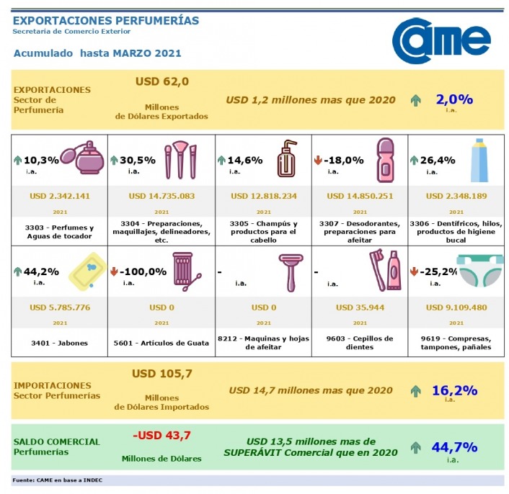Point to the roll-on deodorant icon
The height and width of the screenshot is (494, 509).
386,159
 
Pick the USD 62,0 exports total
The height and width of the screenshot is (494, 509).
161,81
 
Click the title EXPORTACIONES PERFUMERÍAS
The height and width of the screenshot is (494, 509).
106,21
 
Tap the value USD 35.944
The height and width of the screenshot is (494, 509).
359,308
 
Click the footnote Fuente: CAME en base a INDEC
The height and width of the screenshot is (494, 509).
57,480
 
